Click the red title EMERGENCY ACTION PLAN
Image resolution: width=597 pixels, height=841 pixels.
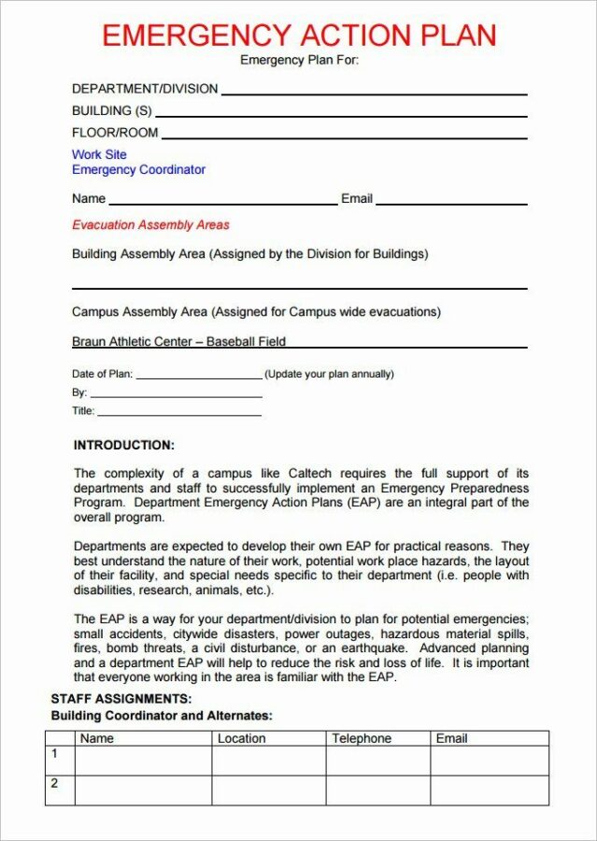298,36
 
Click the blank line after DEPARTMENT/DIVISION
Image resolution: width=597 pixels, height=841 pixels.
374,93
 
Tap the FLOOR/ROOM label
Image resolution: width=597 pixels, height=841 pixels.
115,133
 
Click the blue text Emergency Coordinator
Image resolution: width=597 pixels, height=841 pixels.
138,170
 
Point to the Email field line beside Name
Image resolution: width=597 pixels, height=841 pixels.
451,203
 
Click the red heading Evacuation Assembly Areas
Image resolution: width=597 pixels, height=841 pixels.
150,225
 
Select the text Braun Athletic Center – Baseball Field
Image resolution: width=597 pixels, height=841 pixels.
178,342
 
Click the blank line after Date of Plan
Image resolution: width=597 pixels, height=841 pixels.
199,378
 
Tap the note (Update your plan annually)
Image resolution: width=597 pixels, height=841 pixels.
329,374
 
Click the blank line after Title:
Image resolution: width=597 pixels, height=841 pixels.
178,414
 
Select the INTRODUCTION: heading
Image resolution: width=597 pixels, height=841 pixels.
123,446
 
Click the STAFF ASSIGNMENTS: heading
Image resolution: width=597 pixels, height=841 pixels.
121,699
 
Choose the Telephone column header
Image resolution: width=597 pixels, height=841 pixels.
362,738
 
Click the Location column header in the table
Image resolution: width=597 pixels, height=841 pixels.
242,738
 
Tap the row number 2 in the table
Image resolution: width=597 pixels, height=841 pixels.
54,783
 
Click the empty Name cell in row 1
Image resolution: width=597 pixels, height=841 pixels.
143,760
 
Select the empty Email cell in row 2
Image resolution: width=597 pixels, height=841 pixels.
489,790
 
